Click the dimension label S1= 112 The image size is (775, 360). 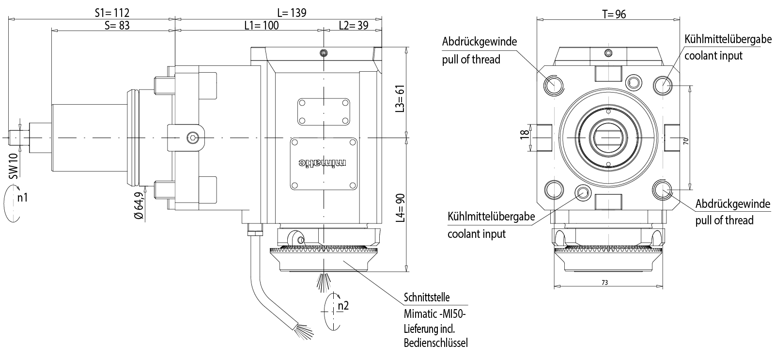tap(112, 13)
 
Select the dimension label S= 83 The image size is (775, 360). tap(117, 25)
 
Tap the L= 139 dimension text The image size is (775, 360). tap(292, 13)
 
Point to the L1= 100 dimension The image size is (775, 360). tap(261, 25)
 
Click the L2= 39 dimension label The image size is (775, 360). tap(353, 25)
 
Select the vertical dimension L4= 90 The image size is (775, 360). tap(400, 208)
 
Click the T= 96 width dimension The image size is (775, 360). tap(614, 14)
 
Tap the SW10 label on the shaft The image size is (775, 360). tap(13, 166)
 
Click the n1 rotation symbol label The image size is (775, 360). tap(22, 197)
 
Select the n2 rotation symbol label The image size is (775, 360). tap(343, 305)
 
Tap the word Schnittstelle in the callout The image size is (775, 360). tap(427, 297)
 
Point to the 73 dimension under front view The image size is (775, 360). tap(604, 282)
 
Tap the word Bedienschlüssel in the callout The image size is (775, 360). tap(435, 344)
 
